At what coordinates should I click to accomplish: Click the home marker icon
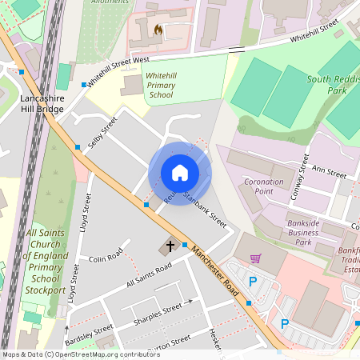(180, 173)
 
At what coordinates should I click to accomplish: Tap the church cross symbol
(170, 246)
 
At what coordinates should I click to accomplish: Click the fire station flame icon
(158, 30)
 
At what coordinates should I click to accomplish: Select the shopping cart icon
(256, 258)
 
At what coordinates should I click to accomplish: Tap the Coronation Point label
(264, 187)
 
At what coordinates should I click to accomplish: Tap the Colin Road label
(105, 258)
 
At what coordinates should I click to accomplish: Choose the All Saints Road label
(149, 276)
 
